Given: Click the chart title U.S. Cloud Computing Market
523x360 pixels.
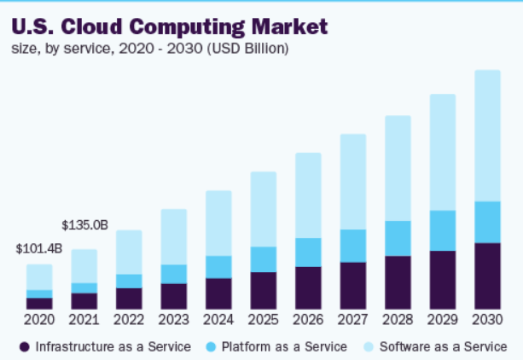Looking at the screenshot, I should pyautogui.click(x=170, y=26).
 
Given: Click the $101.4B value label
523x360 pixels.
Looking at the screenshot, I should pyautogui.click(x=38, y=249).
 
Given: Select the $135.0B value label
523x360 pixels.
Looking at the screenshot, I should pyautogui.click(x=84, y=225).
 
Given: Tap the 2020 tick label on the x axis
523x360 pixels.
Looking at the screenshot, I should pyautogui.click(x=39, y=320).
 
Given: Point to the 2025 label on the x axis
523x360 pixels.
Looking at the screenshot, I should pyautogui.click(x=263, y=320).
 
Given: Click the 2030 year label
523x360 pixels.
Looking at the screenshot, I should pyautogui.click(x=487, y=320).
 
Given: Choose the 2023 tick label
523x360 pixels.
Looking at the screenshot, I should pyautogui.click(x=174, y=320).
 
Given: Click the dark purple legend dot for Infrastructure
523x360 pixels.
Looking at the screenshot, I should pyautogui.click(x=25, y=346).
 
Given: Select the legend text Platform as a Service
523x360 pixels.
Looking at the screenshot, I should pyautogui.click(x=284, y=346).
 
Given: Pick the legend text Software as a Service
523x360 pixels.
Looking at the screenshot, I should pyautogui.click(x=443, y=346).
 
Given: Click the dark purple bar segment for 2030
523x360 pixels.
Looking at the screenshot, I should pyautogui.click(x=487, y=276).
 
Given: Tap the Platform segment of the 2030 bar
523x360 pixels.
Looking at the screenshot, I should pyautogui.click(x=487, y=222).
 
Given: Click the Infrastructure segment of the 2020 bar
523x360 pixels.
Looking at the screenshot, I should pyautogui.click(x=39, y=304).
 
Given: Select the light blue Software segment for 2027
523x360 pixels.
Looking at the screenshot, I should pyautogui.click(x=352, y=181).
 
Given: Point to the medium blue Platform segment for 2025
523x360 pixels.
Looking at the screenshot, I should pyautogui.click(x=263, y=259).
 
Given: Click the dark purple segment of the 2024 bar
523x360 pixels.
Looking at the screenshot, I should pyautogui.click(x=218, y=293).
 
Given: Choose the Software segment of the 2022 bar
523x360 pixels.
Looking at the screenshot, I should pyautogui.click(x=129, y=252).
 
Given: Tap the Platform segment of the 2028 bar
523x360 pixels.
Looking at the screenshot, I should pyautogui.click(x=398, y=238).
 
